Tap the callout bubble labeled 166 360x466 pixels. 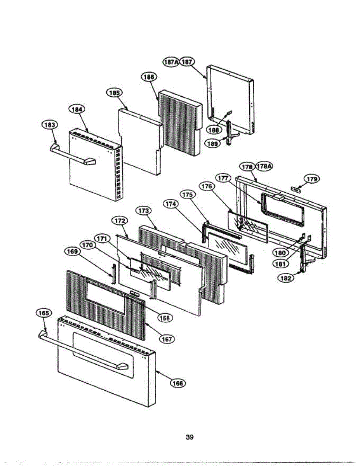178,383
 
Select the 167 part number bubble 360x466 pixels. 167,339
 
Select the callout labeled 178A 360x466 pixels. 264,167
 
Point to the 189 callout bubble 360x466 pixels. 212,143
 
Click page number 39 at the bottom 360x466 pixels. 190,437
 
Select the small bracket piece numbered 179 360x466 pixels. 297,189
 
